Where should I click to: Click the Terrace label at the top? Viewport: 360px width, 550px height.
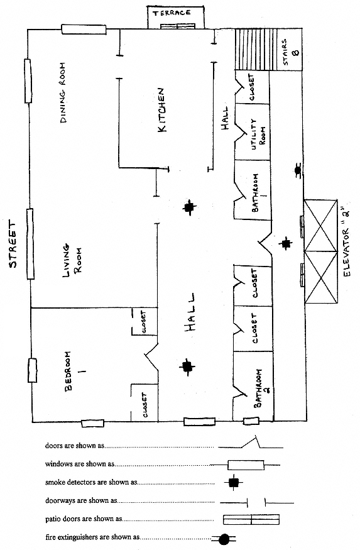[x=172, y=13]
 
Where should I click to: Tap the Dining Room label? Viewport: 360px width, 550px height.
[x=63, y=92]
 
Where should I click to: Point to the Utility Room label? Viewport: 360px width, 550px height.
[x=258, y=133]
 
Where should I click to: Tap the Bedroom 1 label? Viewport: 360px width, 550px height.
[x=71, y=371]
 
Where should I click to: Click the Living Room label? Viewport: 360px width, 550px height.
[x=71, y=261]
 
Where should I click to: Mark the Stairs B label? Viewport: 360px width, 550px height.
[x=290, y=52]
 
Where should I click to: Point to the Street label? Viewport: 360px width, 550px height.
[x=13, y=244]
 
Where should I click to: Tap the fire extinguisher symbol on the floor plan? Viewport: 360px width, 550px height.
[x=298, y=170]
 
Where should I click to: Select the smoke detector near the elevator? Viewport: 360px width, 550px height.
[x=286, y=243]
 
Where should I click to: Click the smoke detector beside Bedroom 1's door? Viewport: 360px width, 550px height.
[x=187, y=366]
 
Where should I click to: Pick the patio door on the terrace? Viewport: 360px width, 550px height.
[x=178, y=26]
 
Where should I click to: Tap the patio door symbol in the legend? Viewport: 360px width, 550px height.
[x=251, y=519]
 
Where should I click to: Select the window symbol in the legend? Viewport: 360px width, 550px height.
[x=246, y=465]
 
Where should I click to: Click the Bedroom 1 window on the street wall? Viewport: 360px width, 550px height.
[x=33, y=370]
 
